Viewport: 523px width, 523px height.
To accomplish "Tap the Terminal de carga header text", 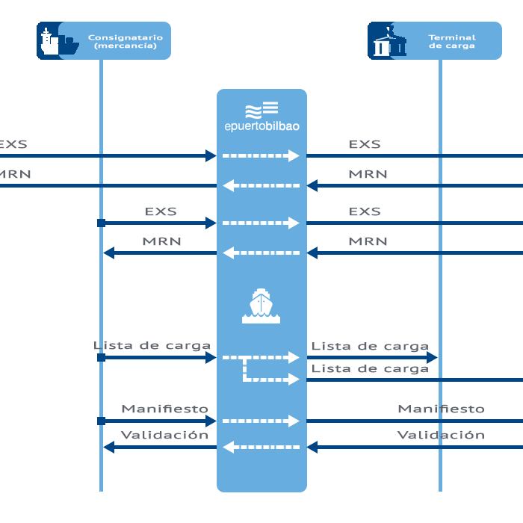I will pyautogui.click(x=452, y=41).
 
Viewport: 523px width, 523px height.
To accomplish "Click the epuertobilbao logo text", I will pyautogui.click(x=261, y=126).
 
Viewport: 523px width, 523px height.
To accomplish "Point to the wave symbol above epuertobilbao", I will pyautogui.click(x=261, y=109).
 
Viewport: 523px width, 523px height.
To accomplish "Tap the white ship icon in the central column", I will pyautogui.click(x=261, y=306).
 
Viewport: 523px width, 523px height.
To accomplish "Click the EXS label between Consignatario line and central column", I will pyautogui.click(x=161, y=211).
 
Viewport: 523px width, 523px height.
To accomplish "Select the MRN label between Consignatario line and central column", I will pyautogui.click(x=161, y=241).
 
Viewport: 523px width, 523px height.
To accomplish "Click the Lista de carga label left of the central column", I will pyautogui.click(x=152, y=346).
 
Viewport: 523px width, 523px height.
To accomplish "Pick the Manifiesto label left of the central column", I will pyautogui.click(x=164, y=409).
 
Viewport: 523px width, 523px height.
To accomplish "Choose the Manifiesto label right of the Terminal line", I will pyautogui.click(x=441, y=409).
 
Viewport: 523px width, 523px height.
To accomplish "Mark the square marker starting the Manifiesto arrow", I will pyautogui.click(x=101, y=421).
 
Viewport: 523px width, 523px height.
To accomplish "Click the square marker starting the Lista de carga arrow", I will pyautogui.click(x=101, y=358).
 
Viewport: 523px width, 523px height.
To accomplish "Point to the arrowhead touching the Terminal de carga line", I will pyautogui.click(x=432, y=358).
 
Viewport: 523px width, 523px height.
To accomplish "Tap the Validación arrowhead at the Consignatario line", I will pyautogui.click(x=109, y=448).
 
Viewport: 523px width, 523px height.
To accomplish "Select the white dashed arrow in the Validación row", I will pyautogui.click(x=261, y=448).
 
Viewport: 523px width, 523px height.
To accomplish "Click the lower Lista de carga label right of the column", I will pyautogui.click(x=370, y=368).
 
